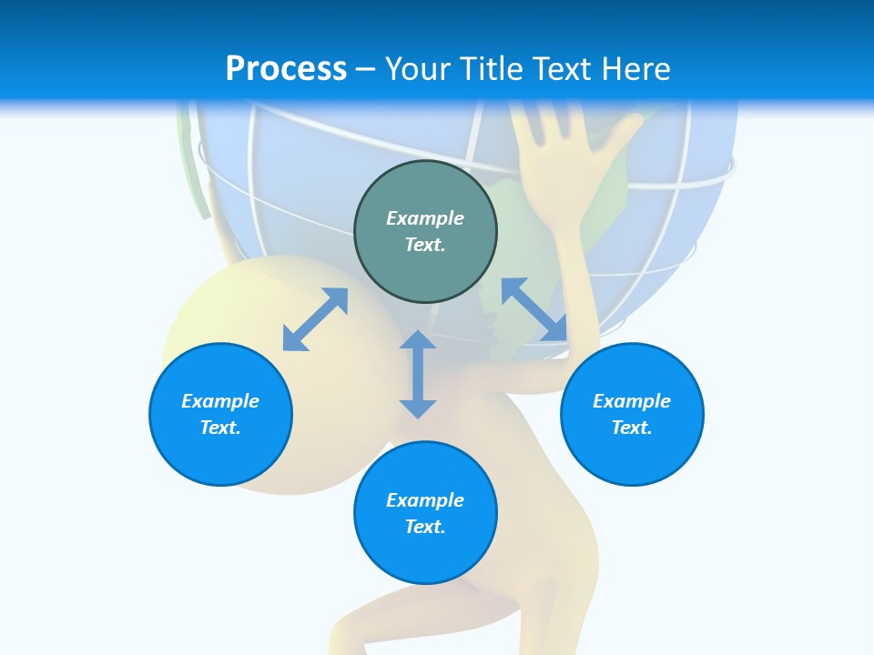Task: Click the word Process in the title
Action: tap(286, 69)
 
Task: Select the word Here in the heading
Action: tap(636, 69)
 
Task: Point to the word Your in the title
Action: tap(419, 69)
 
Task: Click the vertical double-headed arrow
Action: tap(418, 374)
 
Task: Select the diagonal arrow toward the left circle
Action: tap(315, 319)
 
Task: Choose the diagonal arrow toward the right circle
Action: tap(534, 309)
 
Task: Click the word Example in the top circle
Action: tap(425, 218)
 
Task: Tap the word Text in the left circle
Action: tap(220, 428)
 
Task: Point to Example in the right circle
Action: tap(632, 401)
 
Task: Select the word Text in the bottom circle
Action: tap(425, 527)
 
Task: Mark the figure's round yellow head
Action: tap(237, 309)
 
